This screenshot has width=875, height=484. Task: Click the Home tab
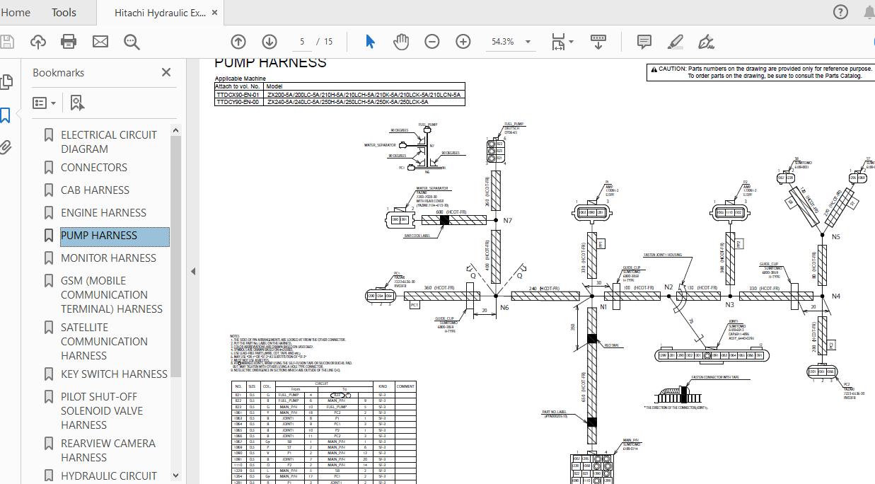[15, 12]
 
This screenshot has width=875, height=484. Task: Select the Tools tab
[64, 12]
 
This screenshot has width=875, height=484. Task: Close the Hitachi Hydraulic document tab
[215, 13]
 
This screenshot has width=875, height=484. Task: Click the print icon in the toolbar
[69, 42]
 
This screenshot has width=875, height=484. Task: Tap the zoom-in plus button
[463, 42]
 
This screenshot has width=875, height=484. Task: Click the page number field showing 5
[302, 42]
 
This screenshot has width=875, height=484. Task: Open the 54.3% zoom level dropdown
[528, 42]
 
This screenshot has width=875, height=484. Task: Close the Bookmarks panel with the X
[166, 72]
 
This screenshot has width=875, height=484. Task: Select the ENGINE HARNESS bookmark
[103, 212]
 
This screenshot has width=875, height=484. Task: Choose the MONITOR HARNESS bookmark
[108, 258]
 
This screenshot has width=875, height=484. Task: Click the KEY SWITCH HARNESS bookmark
[114, 374]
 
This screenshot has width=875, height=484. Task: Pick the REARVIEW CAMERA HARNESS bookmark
[108, 450]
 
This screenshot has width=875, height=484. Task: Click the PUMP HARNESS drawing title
[270, 62]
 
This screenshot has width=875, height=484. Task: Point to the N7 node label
[507, 221]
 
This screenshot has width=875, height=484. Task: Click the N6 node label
[504, 308]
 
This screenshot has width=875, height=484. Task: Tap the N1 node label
[603, 307]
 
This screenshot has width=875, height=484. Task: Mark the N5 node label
[835, 236]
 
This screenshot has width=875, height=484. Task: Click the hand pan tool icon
[401, 42]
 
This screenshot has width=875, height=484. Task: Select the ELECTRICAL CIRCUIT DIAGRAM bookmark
[108, 142]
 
